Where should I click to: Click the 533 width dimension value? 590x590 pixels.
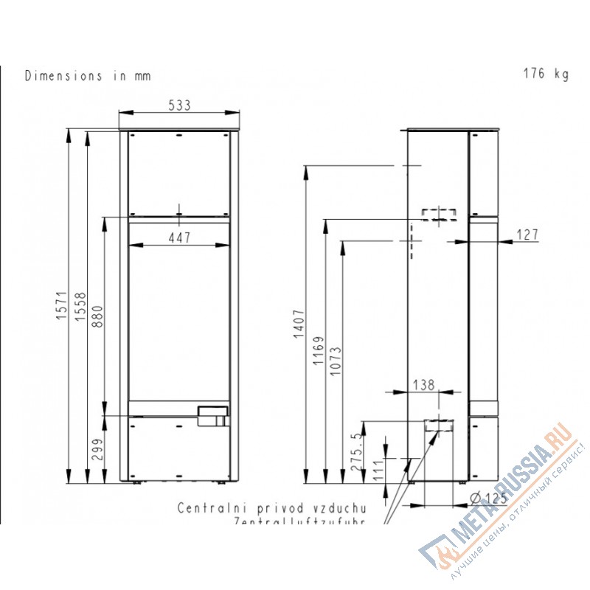pyautogui.click(x=179, y=105)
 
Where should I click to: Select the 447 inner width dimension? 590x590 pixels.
pyautogui.click(x=179, y=237)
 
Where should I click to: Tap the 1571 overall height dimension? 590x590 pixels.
pyautogui.click(x=63, y=307)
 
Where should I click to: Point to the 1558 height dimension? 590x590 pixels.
pyautogui.click(x=80, y=307)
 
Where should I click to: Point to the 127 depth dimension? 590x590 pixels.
pyautogui.click(x=527, y=235)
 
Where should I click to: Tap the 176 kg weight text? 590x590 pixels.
pyautogui.click(x=546, y=74)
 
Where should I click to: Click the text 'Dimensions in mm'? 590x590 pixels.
pyautogui.click(x=88, y=75)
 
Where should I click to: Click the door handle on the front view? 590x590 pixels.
pyautogui.click(x=212, y=417)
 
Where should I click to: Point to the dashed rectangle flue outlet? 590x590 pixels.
pyautogui.click(x=439, y=215)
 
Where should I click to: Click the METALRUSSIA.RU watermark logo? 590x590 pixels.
pyautogui.click(x=502, y=502)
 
